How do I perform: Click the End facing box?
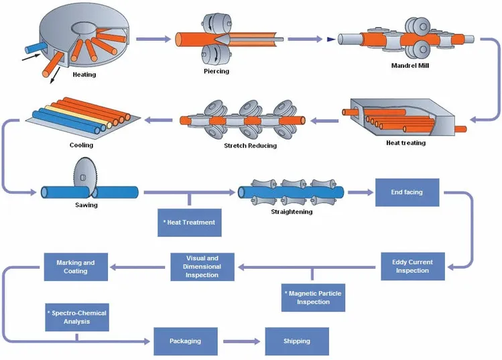(x=407, y=192)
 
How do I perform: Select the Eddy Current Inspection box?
(x=412, y=265)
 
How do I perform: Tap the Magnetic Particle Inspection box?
(x=313, y=298)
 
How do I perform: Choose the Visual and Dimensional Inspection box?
(x=203, y=266)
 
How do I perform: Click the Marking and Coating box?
(x=76, y=266)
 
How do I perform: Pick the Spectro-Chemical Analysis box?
(x=76, y=317)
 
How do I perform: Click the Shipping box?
(x=297, y=341)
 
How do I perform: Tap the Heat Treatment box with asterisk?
(x=189, y=222)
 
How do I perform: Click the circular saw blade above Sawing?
(x=80, y=178)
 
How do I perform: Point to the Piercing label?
(x=216, y=71)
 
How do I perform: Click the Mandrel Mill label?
(x=409, y=66)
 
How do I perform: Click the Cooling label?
(x=80, y=144)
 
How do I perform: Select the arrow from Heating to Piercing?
(x=152, y=39)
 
